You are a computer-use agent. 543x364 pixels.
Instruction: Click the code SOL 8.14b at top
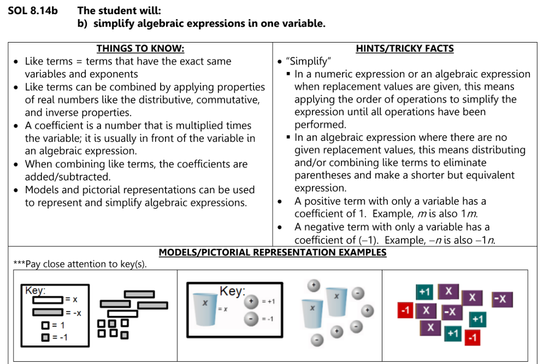pos(32,10)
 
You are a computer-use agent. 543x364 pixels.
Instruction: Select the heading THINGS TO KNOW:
pos(140,49)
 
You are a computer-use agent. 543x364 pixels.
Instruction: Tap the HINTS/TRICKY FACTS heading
pos(404,49)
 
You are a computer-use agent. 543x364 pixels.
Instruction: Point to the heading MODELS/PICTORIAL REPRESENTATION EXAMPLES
pos(272,253)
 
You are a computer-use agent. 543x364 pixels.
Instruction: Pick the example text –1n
pos(484,240)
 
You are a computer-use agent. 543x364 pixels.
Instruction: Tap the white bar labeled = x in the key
pos(48,299)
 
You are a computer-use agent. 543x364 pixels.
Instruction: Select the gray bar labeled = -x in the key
pos(48,312)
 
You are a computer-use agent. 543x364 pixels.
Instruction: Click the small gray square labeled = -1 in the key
pos(46,337)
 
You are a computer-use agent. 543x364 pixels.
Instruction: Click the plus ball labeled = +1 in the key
pos(252,301)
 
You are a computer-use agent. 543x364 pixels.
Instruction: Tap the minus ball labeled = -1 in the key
pos(252,319)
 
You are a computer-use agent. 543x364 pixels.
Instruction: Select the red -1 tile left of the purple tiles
pos(405,310)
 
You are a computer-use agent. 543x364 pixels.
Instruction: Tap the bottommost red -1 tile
pos(473,337)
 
